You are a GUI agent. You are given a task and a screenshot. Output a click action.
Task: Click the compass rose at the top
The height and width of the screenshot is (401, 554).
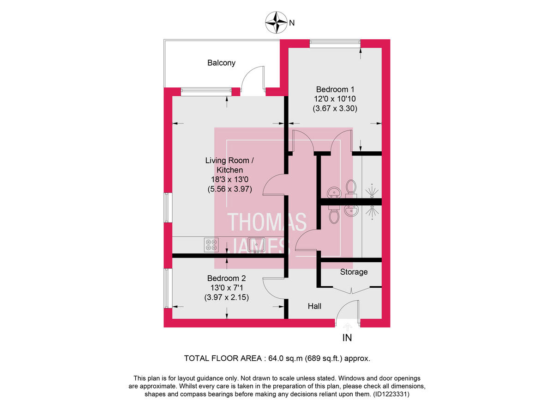point(277,22)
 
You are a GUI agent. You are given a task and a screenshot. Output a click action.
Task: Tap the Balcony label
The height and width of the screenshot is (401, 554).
point(221,63)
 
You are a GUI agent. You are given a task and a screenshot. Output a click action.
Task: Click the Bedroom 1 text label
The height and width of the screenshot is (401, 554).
point(335,89)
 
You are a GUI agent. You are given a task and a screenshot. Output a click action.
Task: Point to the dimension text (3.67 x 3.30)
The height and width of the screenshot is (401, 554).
point(335,108)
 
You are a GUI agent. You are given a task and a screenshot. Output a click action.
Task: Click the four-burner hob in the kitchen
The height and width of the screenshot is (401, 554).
point(211,244)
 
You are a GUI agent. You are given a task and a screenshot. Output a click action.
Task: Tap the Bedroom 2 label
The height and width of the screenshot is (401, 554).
point(226,278)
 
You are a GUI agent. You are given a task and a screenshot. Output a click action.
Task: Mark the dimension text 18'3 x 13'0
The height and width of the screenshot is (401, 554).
point(229,179)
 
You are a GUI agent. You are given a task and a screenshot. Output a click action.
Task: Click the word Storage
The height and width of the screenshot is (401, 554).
point(354,272)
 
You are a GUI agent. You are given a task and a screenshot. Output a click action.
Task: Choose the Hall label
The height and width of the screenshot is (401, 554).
point(314,306)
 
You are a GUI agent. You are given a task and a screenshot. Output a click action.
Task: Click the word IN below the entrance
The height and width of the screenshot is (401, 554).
point(347,338)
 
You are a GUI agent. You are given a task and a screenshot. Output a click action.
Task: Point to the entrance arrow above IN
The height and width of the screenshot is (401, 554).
point(347,327)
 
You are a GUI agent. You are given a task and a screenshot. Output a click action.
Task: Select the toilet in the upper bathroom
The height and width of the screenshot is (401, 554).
point(351,187)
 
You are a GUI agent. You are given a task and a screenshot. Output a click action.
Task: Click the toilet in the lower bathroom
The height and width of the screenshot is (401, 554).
point(333,215)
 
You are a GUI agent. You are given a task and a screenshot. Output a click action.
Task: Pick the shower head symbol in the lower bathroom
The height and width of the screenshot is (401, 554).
point(372,211)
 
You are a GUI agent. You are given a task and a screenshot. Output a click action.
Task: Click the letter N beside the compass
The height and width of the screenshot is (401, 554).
point(292,22)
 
